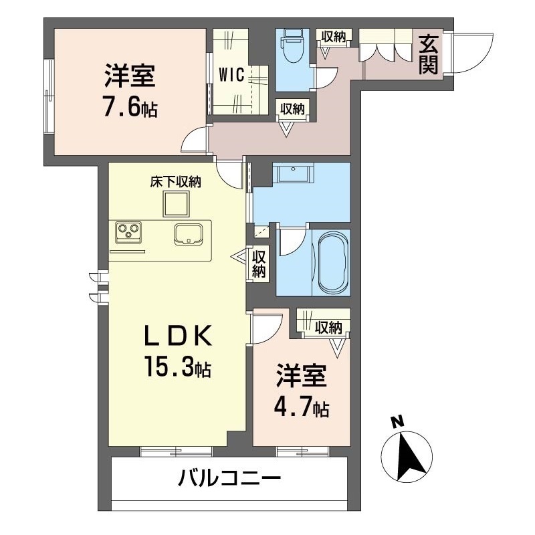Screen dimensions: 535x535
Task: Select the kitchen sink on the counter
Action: [x=187, y=234]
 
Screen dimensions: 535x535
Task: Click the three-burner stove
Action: [x=128, y=232]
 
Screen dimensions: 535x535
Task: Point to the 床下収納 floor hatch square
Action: [x=176, y=204]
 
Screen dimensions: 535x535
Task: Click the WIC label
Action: [x=231, y=75]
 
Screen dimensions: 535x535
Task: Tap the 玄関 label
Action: [x=428, y=55]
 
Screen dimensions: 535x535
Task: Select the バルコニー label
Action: [x=230, y=478]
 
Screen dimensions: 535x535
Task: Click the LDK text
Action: [x=177, y=336]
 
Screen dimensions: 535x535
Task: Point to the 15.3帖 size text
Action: [x=177, y=366]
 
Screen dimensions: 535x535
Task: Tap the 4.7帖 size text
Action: [x=302, y=407]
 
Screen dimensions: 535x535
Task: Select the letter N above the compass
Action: [x=397, y=422]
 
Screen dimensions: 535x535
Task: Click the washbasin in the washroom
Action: [x=293, y=173]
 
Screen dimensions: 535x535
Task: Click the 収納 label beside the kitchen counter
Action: [x=259, y=263]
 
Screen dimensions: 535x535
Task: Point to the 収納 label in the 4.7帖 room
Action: [x=328, y=327]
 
